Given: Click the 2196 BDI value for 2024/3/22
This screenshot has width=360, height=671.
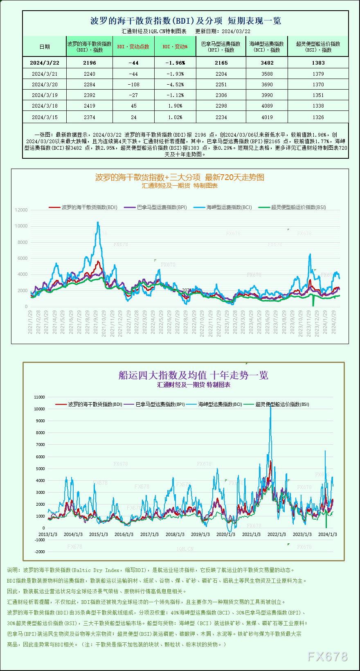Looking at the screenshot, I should [x=89, y=63].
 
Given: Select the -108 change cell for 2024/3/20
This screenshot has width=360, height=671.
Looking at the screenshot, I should [x=133, y=85].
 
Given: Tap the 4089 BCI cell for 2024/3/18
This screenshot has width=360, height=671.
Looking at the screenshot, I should [x=267, y=106].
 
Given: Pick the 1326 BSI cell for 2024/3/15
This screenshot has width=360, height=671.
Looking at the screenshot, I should [x=318, y=117].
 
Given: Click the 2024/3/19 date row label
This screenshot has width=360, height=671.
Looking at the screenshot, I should [x=45, y=95].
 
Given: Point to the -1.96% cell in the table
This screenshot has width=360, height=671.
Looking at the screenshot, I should [x=175, y=63].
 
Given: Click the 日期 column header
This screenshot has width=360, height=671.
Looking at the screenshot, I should [x=45, y=47].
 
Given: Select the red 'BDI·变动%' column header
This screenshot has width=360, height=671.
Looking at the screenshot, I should [x=175, y=47].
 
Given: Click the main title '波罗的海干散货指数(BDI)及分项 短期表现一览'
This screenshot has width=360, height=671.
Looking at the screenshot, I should [x=185, y=21].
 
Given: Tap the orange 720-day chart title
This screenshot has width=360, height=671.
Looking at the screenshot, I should [x=180, y=177].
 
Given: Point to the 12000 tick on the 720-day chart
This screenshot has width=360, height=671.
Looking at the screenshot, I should [x=21, y=210].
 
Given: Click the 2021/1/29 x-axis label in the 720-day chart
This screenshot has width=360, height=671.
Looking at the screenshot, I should [x=30, y=322].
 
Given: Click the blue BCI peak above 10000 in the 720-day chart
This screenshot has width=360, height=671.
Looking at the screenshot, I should [x=98, y=223].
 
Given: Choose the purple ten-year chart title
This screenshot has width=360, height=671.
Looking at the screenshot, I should [x=193, y=375].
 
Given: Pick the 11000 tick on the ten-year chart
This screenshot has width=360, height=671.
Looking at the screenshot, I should [x=40, y=397].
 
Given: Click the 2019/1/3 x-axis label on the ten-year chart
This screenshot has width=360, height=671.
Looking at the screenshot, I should [x=200, y=534].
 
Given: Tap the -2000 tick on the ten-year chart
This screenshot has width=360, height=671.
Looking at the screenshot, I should [x=40, y=552].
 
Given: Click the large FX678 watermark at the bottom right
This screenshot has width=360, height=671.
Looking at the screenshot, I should [x=327, y=657].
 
